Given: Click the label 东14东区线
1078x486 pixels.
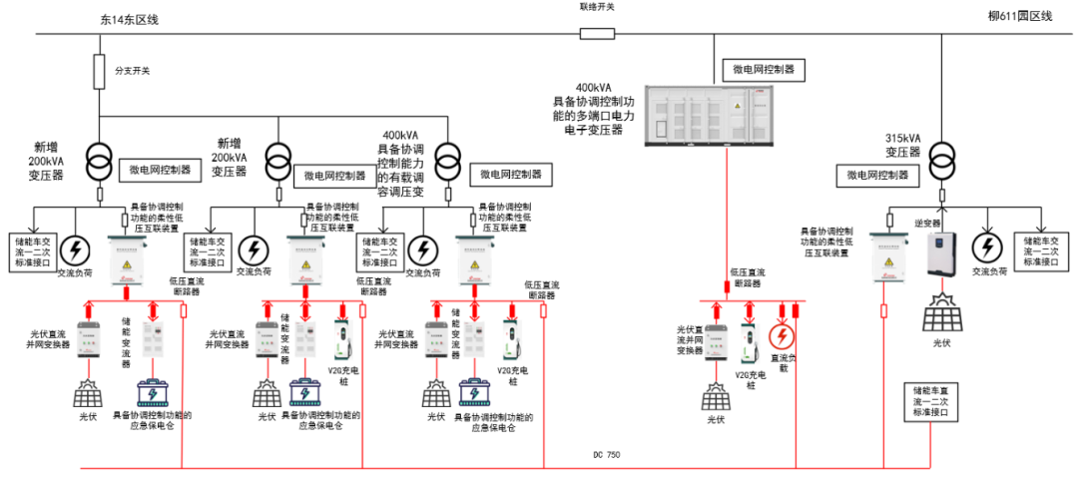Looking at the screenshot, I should tap(130, 19).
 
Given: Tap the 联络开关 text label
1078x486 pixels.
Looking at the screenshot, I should tap(597, 7).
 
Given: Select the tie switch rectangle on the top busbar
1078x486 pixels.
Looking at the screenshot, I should tap(597, 33).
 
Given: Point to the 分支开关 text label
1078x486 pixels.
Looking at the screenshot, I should tap(132, 71).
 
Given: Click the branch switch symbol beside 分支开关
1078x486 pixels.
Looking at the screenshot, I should tap(100, 71).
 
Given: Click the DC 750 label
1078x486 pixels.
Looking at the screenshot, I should tap(607, 455).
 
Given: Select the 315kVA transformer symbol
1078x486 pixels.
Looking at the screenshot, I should tap(939, 157).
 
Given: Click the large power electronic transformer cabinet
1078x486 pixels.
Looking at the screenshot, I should tap(710, 115).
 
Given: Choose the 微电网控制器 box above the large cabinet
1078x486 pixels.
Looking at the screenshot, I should tap(763, 70).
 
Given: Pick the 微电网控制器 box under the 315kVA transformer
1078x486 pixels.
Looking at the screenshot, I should tap(877, 175).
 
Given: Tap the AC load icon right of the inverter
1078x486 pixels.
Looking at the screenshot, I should tap(988, 246).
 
